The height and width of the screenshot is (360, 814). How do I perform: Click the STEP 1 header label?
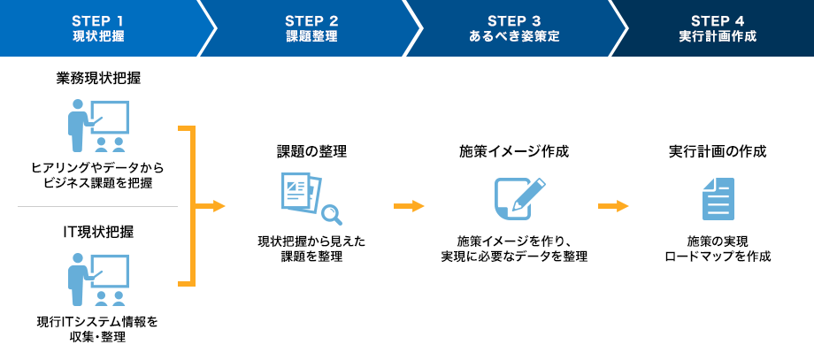[98, 20]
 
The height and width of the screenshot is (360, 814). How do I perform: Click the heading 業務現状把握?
[98, 79]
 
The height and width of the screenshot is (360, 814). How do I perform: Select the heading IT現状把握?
[98, 233]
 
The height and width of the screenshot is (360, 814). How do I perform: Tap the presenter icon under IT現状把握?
[97, 279]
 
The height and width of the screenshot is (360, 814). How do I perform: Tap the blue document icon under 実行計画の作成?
[718, 198]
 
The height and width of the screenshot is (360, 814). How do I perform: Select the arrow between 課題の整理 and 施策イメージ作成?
[409, 206]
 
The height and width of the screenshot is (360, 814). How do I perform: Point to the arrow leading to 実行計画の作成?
[613, 206]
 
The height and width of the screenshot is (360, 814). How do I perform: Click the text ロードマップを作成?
[718, 257]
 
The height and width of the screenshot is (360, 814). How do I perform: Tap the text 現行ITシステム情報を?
[98, 321]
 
